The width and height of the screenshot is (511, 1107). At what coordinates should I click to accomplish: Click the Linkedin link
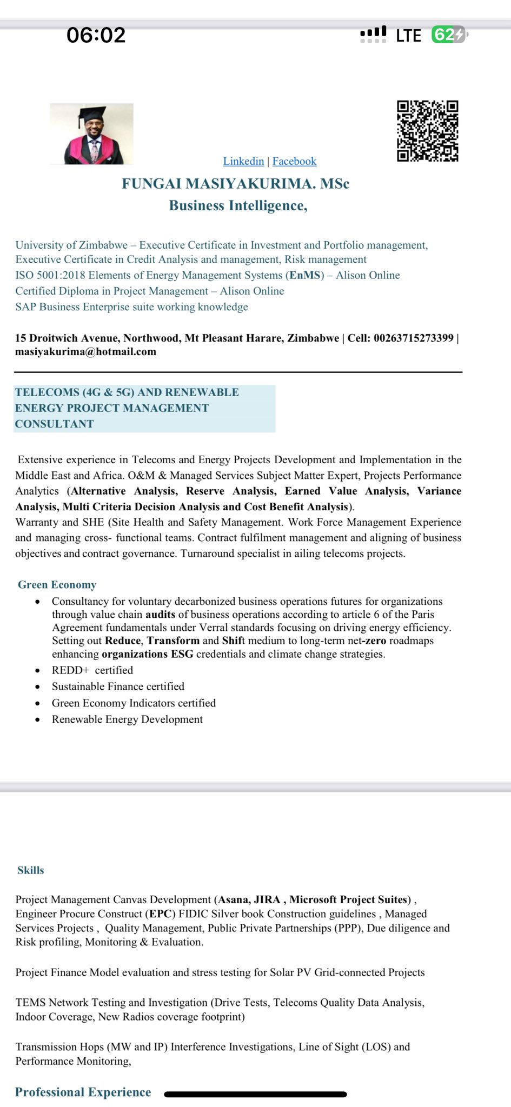pyautogui.click(x=243, y=161)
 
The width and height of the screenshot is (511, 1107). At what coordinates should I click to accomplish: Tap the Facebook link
pyautogui.click(x=294, y=161)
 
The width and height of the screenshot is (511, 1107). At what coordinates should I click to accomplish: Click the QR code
pyautogui.click(x=428, y=131)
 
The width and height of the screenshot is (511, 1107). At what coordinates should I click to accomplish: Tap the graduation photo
pyautogui.click(x=91, y=134)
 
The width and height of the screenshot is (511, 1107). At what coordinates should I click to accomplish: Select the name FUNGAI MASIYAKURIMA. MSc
pyautogui.click(x=235, y=184)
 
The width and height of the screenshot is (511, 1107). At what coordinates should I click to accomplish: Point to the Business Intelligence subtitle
pyautogui.click(x=238, y=205)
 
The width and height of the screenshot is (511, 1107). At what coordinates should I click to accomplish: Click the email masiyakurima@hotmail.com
pyautogui.click(x=85, y=352)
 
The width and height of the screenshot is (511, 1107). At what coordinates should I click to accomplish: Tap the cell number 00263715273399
pyautogui.click(x=413, y=338)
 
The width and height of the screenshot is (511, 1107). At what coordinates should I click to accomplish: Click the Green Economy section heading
pyautogui.click(x=57, y=585)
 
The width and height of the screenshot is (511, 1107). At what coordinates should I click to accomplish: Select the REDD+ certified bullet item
pyautogui.click(x=92, y=670)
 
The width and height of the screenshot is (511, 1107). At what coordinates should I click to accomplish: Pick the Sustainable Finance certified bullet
pyautogui.click(x=118, y=686)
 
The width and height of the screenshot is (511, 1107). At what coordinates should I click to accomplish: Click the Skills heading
pyautogui.click(x=31, y=870)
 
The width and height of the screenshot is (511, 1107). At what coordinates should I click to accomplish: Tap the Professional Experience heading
pyautogui.click(x=83, y=1092)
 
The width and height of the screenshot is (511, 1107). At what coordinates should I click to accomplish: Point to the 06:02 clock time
pyautogui.click(x=96, y=35)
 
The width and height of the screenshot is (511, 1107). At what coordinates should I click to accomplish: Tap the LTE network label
pyautogui.click(x=408, y=36)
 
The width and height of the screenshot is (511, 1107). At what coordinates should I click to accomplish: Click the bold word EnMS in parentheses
pyautogui.click(x=305, y=275)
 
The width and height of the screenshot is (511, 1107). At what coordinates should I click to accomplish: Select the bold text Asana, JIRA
pyautogui.click(x=249, y=899)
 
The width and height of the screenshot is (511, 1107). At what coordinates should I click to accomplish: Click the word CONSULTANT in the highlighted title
pyautogui.click(x=54, y=424)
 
